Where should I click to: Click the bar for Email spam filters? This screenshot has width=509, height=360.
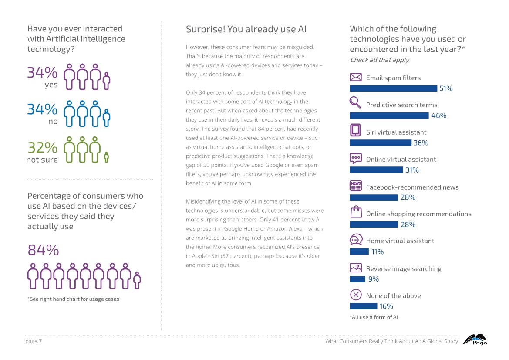[393, 88]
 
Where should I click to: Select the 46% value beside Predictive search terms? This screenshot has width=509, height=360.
[438, 116]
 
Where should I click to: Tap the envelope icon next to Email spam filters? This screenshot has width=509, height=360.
[356, 77]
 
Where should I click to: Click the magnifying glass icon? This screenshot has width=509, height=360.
[355, 103]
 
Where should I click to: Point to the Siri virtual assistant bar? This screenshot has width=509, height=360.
[380, 143]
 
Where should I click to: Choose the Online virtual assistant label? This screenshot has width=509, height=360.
[401, 160]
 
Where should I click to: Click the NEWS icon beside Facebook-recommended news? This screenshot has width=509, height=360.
[356, 186]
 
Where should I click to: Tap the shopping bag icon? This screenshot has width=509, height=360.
[356, 212]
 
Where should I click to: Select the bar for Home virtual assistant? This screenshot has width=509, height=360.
[359, 251]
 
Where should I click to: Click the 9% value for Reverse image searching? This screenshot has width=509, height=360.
[374, 279]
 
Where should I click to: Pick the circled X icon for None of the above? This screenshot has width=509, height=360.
[356, 295]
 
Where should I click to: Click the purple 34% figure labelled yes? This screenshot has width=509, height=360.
[42, 72]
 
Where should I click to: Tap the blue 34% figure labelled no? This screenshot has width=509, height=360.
[42, 109]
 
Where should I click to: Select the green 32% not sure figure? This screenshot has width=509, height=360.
[42, 148]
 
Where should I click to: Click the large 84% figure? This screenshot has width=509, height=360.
[43, 250]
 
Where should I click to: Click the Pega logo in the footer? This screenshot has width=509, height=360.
[475, 340]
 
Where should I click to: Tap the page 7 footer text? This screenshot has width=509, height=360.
[34, 341]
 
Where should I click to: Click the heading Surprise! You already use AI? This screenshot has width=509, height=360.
[246, 30]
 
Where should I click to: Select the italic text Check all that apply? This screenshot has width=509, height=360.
[379, 60]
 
